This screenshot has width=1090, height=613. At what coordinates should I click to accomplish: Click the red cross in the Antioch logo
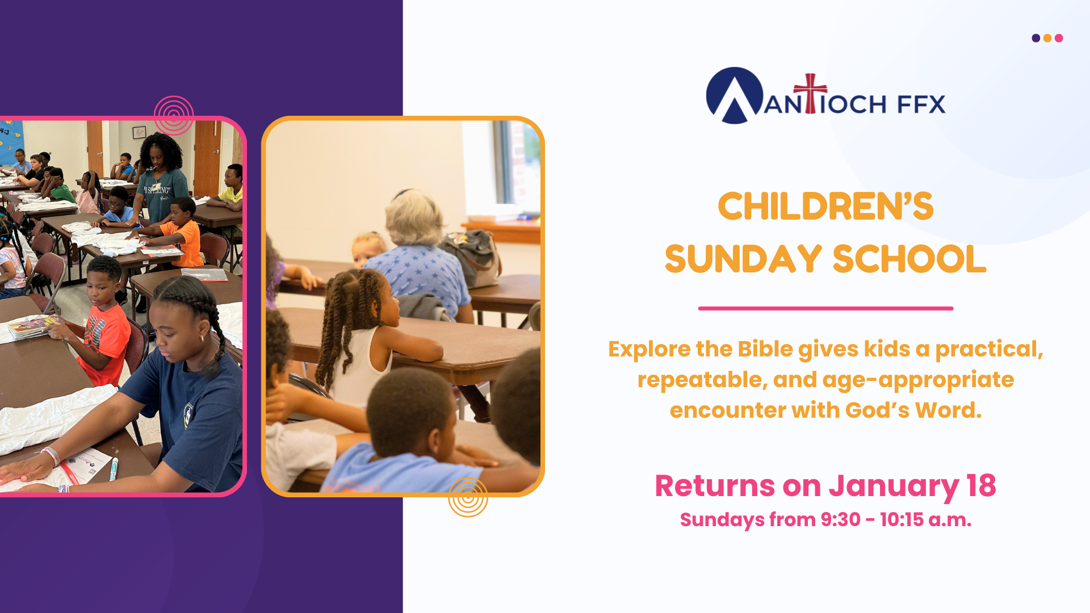coord(810,93)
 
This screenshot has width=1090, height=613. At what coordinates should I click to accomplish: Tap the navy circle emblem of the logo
coord(735,95)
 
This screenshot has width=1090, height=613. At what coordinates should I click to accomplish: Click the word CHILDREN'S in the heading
coord(825,206)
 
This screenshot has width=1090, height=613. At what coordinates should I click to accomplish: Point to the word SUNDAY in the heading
coord(743,259)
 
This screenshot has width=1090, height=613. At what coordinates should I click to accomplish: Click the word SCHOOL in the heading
coord(909,259)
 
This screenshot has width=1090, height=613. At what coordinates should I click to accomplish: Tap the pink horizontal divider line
coord(825,308)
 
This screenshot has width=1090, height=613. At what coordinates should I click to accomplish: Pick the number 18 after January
coord(981,486)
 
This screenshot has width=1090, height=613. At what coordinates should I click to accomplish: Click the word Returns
coord(715,486)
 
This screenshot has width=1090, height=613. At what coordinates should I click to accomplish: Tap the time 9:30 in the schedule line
coord(840,519)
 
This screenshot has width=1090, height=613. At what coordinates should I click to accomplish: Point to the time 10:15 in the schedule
coord(902,519)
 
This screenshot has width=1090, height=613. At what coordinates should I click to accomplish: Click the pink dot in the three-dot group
coord(1059,38)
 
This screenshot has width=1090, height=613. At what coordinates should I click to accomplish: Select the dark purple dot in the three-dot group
coord(1036,38)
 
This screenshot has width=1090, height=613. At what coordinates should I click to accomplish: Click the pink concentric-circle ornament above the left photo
coord(174,115)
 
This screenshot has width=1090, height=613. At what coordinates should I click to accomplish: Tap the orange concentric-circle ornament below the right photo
coord(468,497)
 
